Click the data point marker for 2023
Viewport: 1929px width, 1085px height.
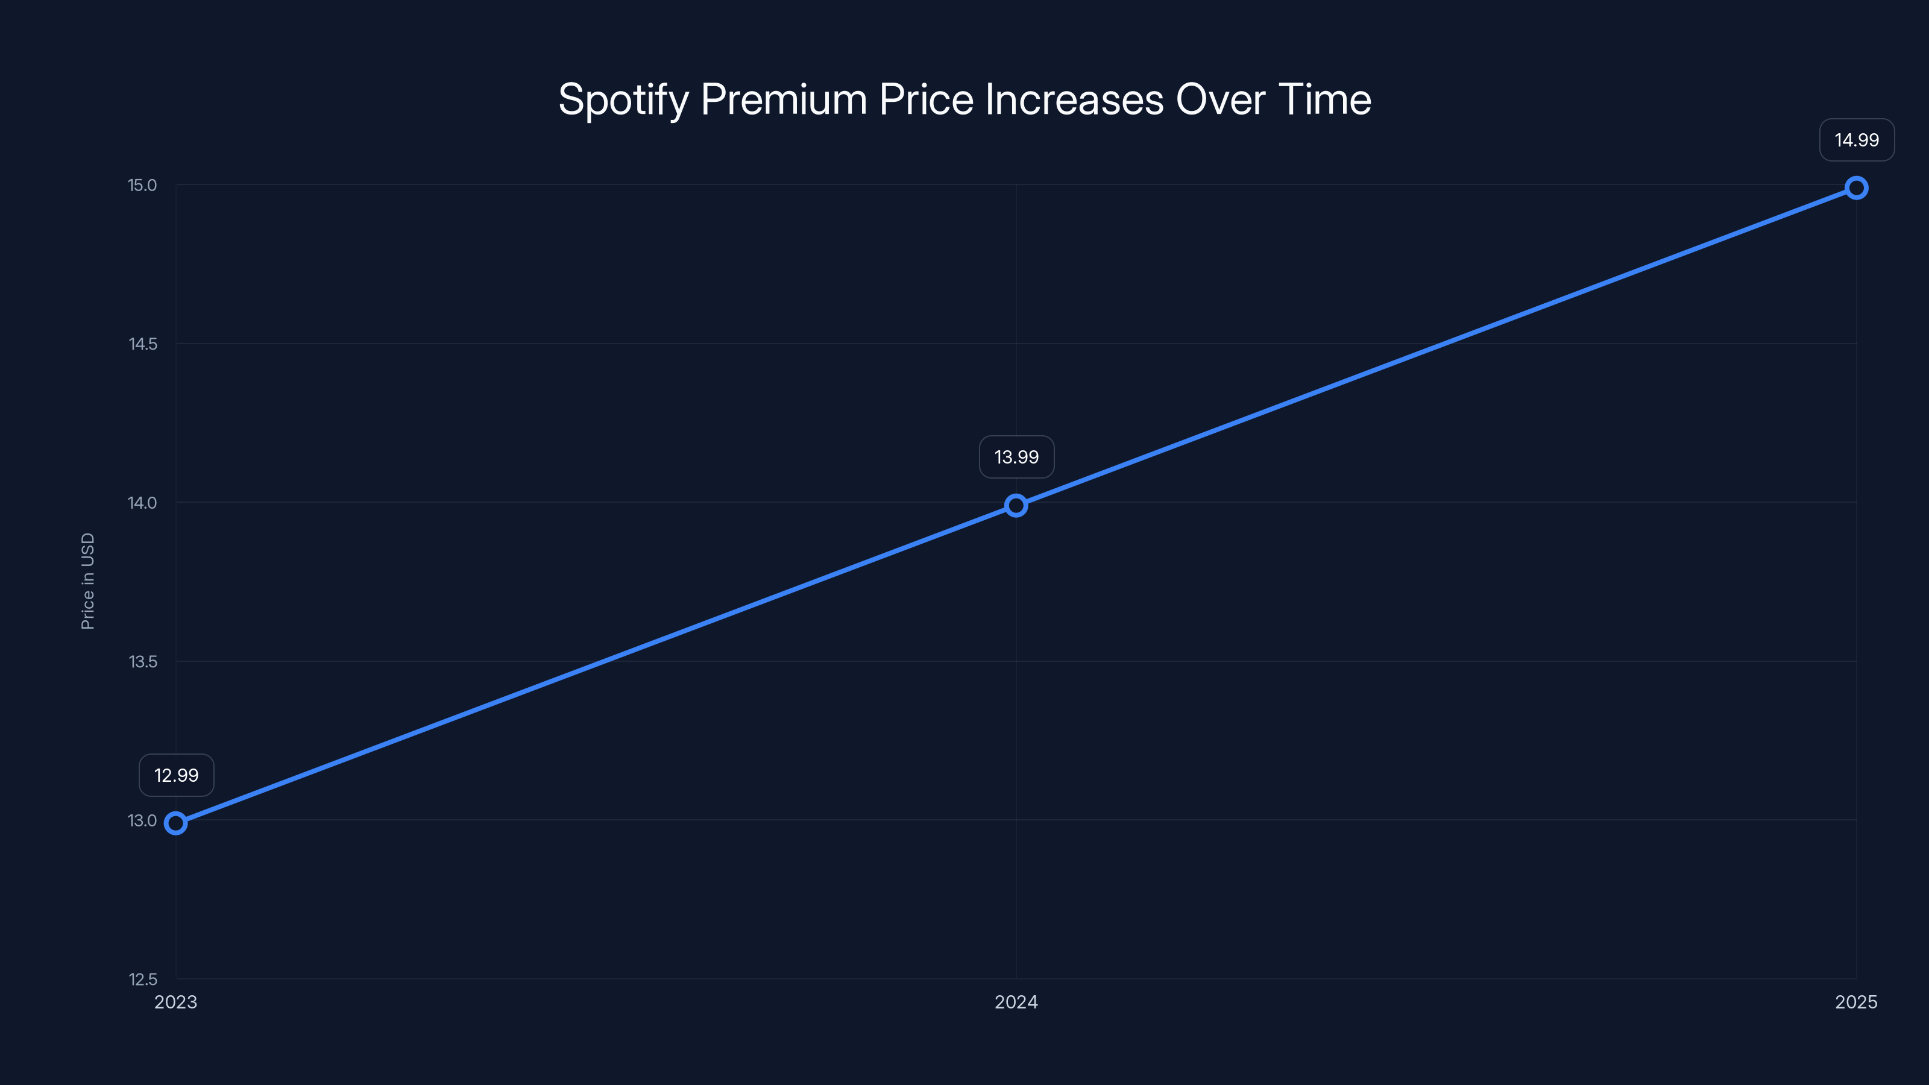coord(175,823)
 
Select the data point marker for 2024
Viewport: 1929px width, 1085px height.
coord(1015,506)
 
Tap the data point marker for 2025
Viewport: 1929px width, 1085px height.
coord(1855,188)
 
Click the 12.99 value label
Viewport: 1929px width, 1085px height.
coord(176,775)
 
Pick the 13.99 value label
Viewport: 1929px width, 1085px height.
coord(1016,457)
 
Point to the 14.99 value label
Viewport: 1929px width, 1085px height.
coord(1857,140)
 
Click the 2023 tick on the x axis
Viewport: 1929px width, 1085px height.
coord(175,1002)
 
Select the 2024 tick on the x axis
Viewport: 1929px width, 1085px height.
coord(1015,1002)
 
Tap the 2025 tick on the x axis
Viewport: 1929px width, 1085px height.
coord(1855,1002)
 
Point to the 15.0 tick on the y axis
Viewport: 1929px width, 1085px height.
coord(142,185)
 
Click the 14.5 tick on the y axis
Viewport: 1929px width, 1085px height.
coord(142,344)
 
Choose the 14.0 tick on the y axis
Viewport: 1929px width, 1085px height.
coord(142,503)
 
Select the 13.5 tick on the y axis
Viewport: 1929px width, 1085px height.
coord(142,661)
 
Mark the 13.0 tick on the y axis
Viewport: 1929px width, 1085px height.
coord(142,820)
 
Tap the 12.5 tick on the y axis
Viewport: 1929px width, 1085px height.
coord(142,980)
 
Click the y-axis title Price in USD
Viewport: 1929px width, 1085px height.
coord(87,581)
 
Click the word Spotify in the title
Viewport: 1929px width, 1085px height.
coord(623,99)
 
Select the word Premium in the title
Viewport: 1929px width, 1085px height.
coord(783,99)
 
